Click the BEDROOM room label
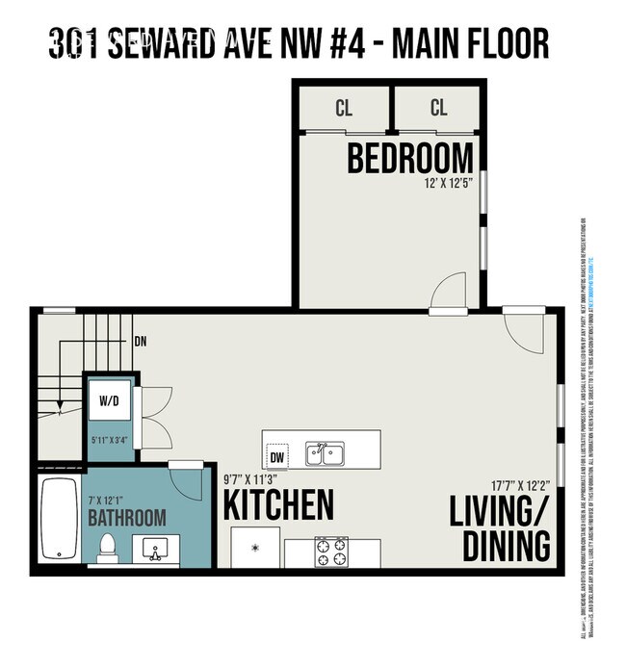point(410,158)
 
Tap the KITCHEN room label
point(279,505)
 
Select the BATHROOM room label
point(127,518)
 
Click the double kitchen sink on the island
point(326,453)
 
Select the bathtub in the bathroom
point(60,520)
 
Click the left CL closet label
point(343,108)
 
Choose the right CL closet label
point(438,108)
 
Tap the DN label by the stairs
point(141,341)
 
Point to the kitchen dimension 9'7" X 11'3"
point(249,479)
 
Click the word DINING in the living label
point(507,546)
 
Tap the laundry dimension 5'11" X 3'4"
point(109,441)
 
